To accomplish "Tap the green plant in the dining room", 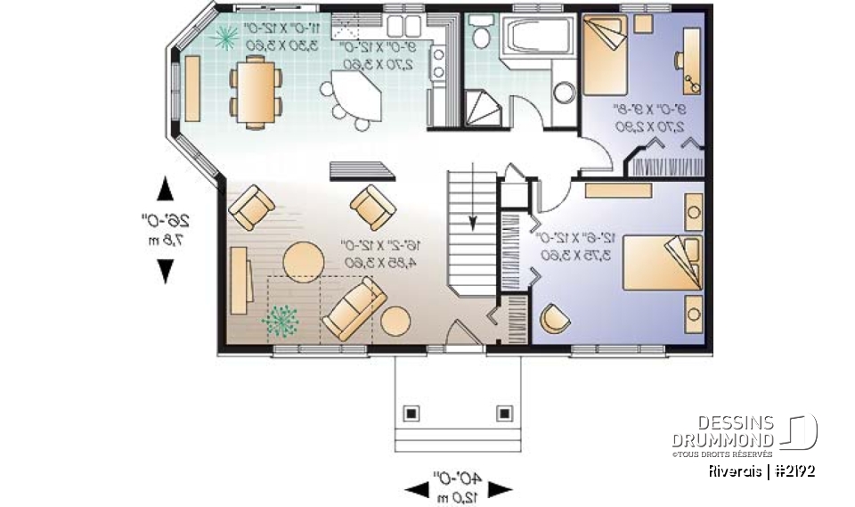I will [x=226, y=36].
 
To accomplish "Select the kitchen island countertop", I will [x=354, y=94].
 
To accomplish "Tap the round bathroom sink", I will [x=563, y=93].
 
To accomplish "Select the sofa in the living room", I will [x=354, y=308].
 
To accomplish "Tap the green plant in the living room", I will [x=281, y=320].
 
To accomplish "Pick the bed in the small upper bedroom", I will [x=607, y=55].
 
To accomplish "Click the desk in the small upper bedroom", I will [x=690, y=60].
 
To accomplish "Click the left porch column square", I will [x=411, y=413].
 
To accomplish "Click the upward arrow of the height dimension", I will [x=165, y=189].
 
